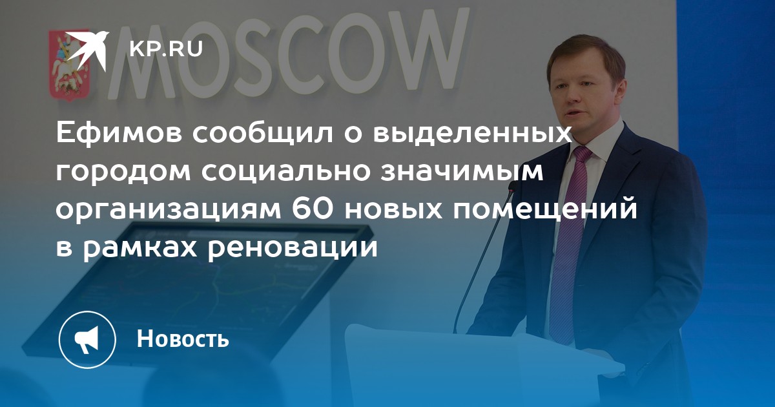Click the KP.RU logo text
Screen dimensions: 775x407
pos(166,48)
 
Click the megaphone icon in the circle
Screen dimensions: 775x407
pos(87,339)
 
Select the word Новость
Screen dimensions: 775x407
pos(183,338)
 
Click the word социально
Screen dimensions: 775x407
pos(285,172)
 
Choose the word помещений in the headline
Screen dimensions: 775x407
pos(545,210)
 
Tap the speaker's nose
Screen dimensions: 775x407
pos(573,98)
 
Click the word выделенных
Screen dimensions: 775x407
pos(471,134)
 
